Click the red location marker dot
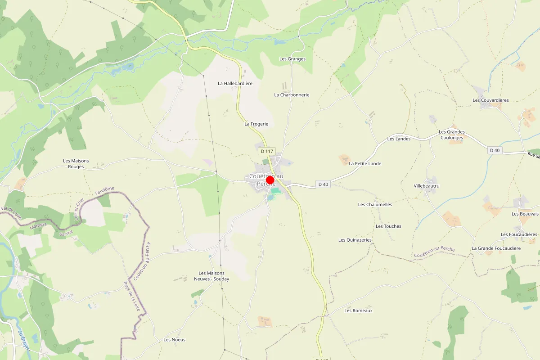tap(270, 180)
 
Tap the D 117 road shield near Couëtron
tap(267, 152)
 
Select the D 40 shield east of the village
tap(323, 184)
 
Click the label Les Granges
tap(292, 59)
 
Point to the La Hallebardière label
tap(235, 83)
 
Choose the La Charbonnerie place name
tap(292, 95)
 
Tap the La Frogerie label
tap(256, 124)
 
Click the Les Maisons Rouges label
tap(76, 164)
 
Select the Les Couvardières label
tap(490, 100)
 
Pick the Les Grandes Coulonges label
tap(452, 135)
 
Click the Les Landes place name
tap(399, 139)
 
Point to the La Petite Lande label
tap(365, 164)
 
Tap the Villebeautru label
tap(427, 186)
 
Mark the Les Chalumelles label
tap(375, 205)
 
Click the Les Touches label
tap(388, 226)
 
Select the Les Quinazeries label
tap(355, 240)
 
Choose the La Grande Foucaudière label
tap(496, 248)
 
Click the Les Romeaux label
tap(358, 311)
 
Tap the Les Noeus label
tap(175, 340)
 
